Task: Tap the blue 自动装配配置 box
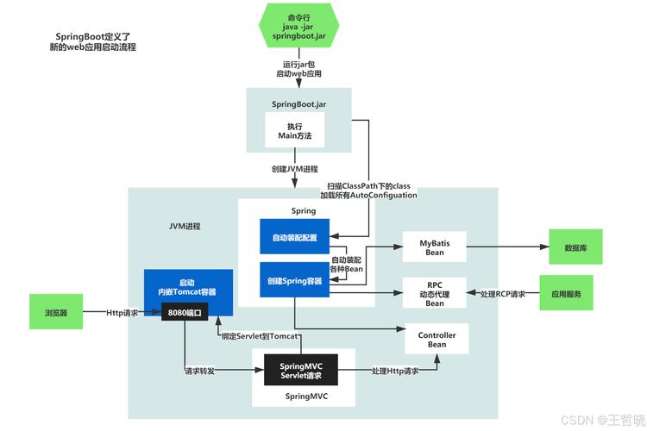[294, 236]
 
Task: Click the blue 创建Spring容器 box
[294, 279]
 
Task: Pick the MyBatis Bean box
[435, 247]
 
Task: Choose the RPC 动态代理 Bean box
[435, 293]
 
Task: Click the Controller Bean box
[437, 339]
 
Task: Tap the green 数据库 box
[576, 247]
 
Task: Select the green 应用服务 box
[566, 293]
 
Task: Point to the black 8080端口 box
[185, 312]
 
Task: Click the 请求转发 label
[200, 372]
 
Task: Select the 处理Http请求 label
[396, 372]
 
